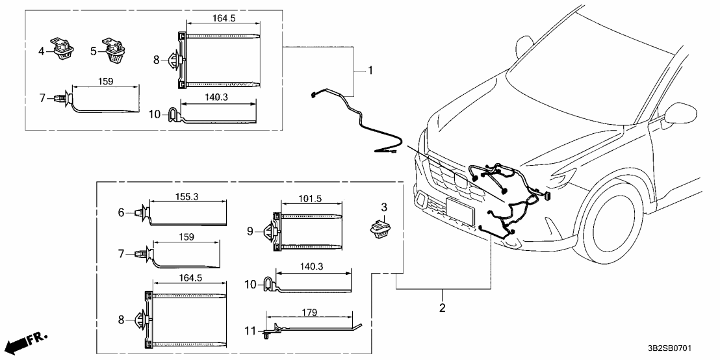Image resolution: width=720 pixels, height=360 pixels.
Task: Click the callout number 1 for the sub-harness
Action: [x=370, y=70]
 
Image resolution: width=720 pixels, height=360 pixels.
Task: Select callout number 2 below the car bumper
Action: [x=443, y=307]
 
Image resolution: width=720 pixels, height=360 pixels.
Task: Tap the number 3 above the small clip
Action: [x=384, y=207]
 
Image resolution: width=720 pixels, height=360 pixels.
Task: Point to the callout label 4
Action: [x=41, y=50]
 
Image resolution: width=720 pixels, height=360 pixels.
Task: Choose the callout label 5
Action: [x=93, y=50]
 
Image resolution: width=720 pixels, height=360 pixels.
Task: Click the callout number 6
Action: [x=121, y=211]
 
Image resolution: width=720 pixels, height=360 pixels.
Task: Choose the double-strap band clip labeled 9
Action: [x=305, y=231]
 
